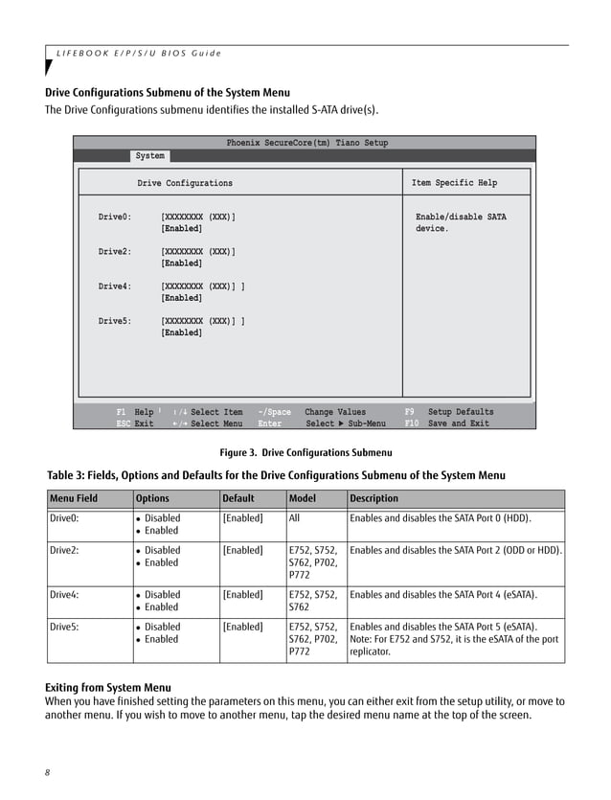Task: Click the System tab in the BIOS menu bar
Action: [x=149, y=156]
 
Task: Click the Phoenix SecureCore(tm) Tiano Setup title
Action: [x=306, y=143]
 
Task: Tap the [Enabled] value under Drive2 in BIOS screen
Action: [x=181, y=263]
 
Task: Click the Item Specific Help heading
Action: [x=454, y=183]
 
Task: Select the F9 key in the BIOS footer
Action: [x=410, y=412]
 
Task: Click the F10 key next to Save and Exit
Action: [x=412, y=423]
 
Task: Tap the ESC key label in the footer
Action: [x=123, y=423]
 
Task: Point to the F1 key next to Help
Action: [x=122, y=412]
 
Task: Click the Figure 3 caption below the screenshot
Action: [x=305, y=452]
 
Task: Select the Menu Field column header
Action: [x=75, y=498]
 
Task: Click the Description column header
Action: [x=374, y=498]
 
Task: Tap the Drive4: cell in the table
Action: [x=64, y=595]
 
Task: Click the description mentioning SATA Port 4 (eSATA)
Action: [x=443, y=595]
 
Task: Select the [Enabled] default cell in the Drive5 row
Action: [x=242, y=627]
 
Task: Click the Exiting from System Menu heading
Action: [x=108, y=688]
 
